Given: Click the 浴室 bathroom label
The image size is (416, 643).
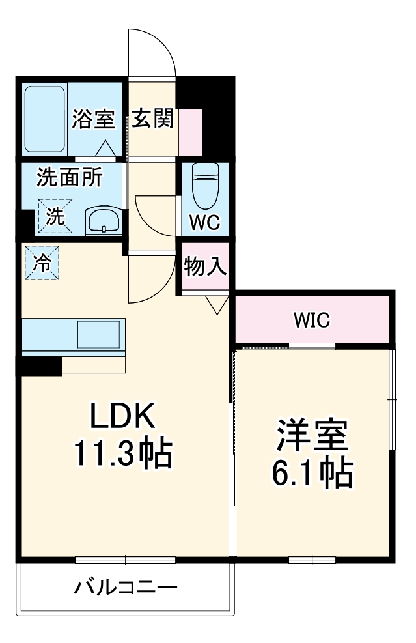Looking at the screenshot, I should (x=93, y=120).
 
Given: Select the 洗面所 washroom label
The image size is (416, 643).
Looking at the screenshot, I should (x=68, y=177).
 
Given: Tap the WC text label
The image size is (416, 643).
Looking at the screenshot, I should (x=204, y=223).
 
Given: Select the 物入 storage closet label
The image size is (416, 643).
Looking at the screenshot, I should (x=205, y=266).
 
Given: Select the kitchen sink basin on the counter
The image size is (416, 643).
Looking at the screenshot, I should (x=98, y=334).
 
